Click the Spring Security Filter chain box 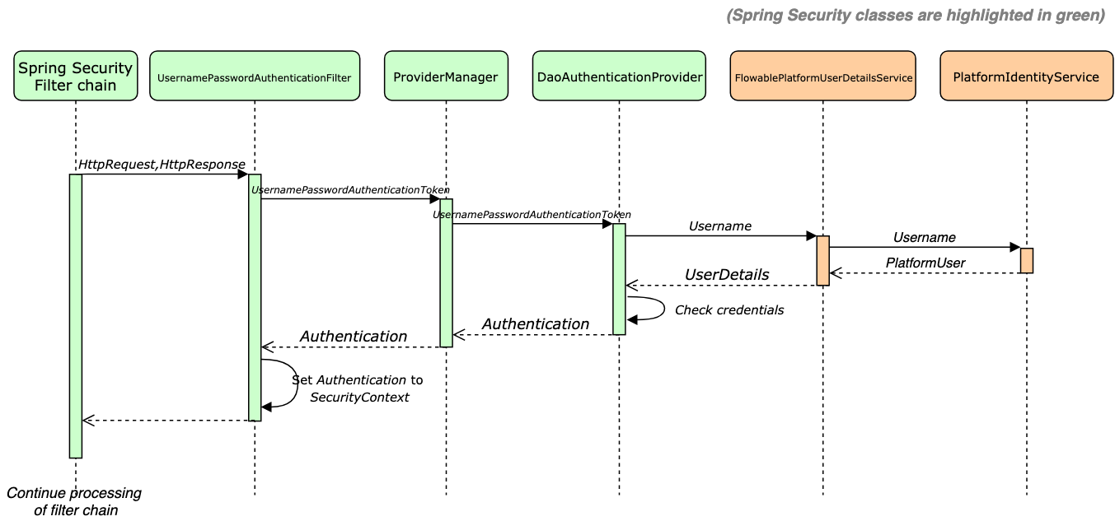click(x=75, y=77)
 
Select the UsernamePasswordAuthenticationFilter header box click(x=255, y=77)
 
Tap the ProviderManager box click(x=446, y=77)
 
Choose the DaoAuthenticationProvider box click(x=619, y=77)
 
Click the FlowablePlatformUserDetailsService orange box click(x=822, y=77)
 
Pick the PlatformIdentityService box click(x=1026, y=77)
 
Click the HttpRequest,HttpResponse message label click(x=162, y=165)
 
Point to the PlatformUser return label click(x=925, y=263)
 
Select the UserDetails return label click(x=727, y=274)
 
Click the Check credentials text click(x=728, y=310)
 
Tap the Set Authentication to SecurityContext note click(x=358, y=388)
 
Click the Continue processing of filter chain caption click(x=75, y=501)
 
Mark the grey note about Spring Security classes click(x=916, y=16)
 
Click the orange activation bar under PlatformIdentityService click(x=1026, y=260)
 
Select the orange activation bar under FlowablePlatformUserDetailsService click(x=822, y=261)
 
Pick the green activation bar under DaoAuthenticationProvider click(x=619, y=279)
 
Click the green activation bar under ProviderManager click(x=446, y=272)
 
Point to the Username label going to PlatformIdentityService click(x=925, y=237)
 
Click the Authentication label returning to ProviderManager click(x=535, y=324)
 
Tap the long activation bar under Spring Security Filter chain click(x=76, y=315)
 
